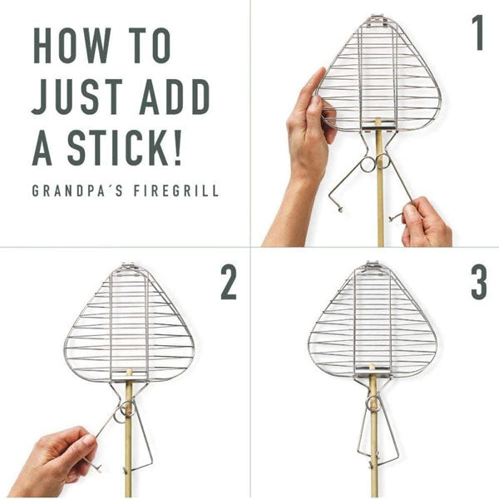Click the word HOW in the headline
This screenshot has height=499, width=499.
tap(72, 46)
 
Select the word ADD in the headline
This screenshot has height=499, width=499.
tap(175, 96)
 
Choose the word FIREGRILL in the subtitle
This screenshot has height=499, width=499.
tap(176, 190)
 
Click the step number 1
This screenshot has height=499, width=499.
tap(477, 33)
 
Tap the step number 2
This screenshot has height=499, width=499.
tap(229, 283)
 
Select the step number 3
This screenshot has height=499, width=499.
tap(479, 283)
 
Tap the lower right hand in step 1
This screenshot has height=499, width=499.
tap(427, 223)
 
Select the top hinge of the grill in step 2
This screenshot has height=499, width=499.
tap(129, 268)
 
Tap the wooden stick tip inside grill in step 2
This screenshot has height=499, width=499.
tap(129, 372)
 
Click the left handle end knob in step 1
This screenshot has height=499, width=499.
tap(341, 210)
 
